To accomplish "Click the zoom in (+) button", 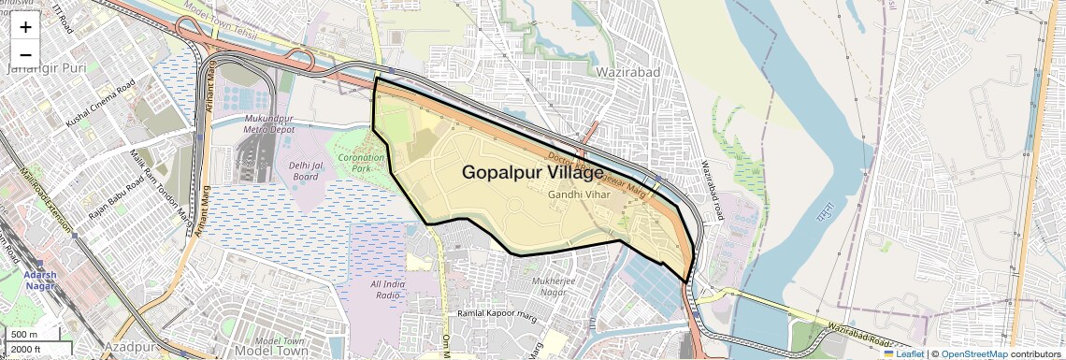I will (25, 27).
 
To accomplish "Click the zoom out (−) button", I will (25, 55).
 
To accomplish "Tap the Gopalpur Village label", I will (533, 173).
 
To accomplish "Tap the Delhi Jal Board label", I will (306, 170).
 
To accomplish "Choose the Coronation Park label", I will (361, 163).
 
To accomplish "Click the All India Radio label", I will (387, 289).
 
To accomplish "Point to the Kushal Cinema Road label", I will (100, 105).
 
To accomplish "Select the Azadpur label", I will (129, 347).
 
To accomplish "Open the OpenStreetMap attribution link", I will (973, 353).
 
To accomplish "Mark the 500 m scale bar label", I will (24, 335).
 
